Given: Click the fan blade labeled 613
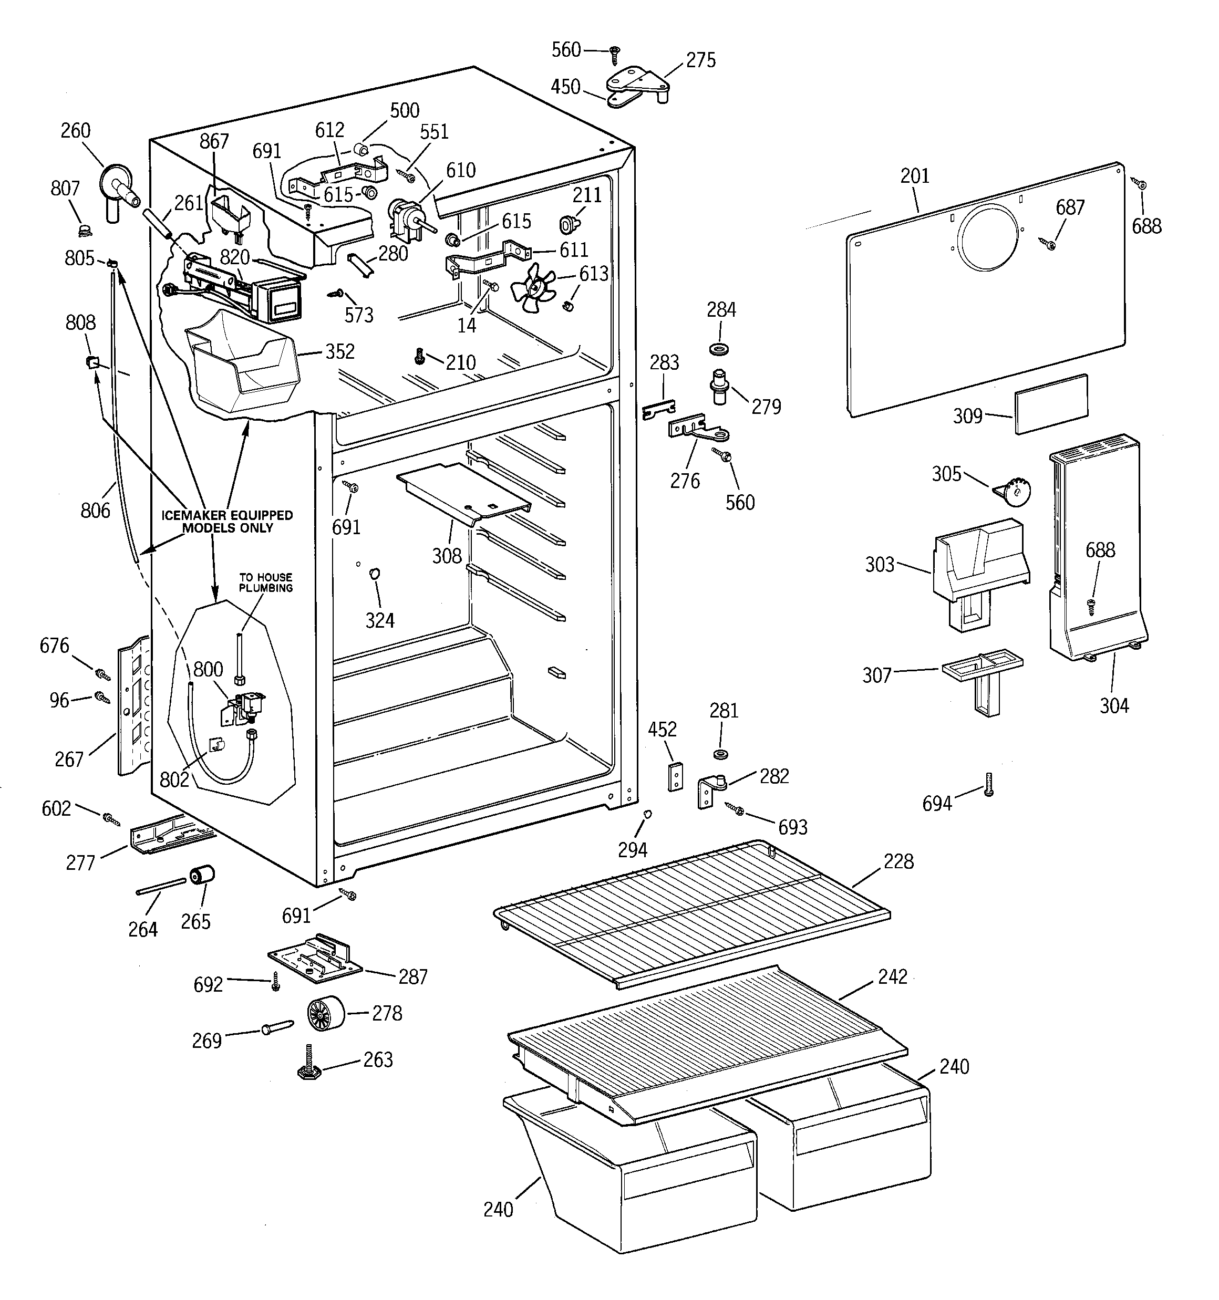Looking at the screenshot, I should point(533,283).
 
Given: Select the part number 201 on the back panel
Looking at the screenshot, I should point(914,176).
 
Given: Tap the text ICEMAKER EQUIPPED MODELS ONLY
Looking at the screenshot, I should point(227,521).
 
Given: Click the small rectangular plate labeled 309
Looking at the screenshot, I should point(1051,403).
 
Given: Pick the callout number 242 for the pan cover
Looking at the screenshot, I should point(893,976).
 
